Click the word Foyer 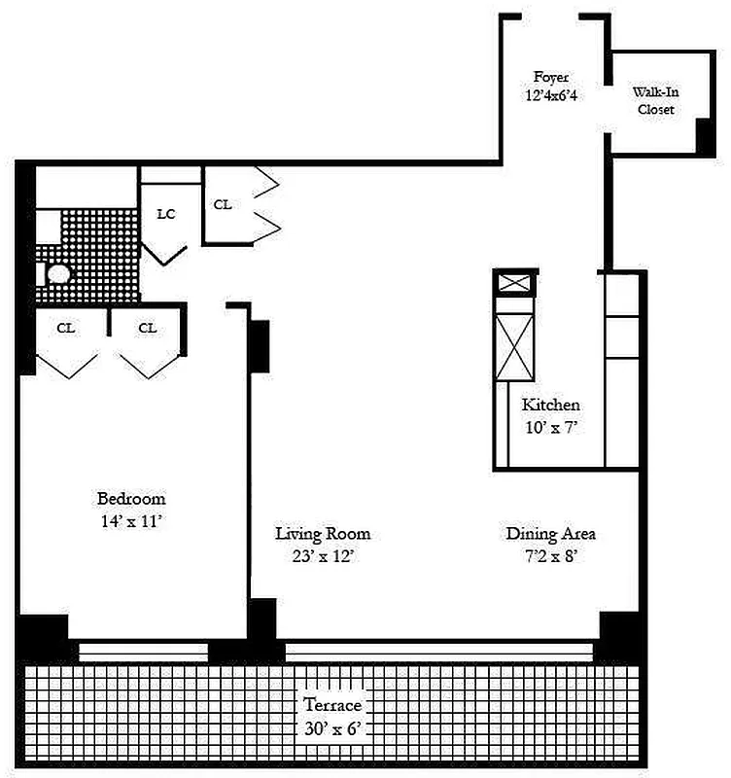pyautogui.click(x=550, y=77)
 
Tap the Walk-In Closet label pyautogui.click(x=655, y=100)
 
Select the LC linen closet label pyautogui.click(x=166, y=213)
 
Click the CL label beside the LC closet pyautogui.click(x=223, y=204)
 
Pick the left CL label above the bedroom pyautogui.click(x=65, y=329)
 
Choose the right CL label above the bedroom pyautogui.click(x=147, y=329)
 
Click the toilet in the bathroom pyautogui.click(x=58, y=274)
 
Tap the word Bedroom pyautogui.click(x=130, y=499)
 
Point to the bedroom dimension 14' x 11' pyautogui.click(x=130, y=520)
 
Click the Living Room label pyautogui.click(x=323, y=534)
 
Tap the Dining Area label pyautogui.click(x=550, y=534)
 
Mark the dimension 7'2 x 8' pyautogui.click(x=550, y=556)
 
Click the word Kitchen pyautogui.click(x=550, y=405)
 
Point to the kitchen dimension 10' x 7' pyautogui.click(x=550, y=426)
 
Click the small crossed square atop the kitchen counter pyautogui.click(x=514, y=283)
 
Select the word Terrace pyautogui.click(x=331, y=705)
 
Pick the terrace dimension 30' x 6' pyautogui.click(x=331, y=727)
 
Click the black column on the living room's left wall pyautogui.click(x=259, y=345)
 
